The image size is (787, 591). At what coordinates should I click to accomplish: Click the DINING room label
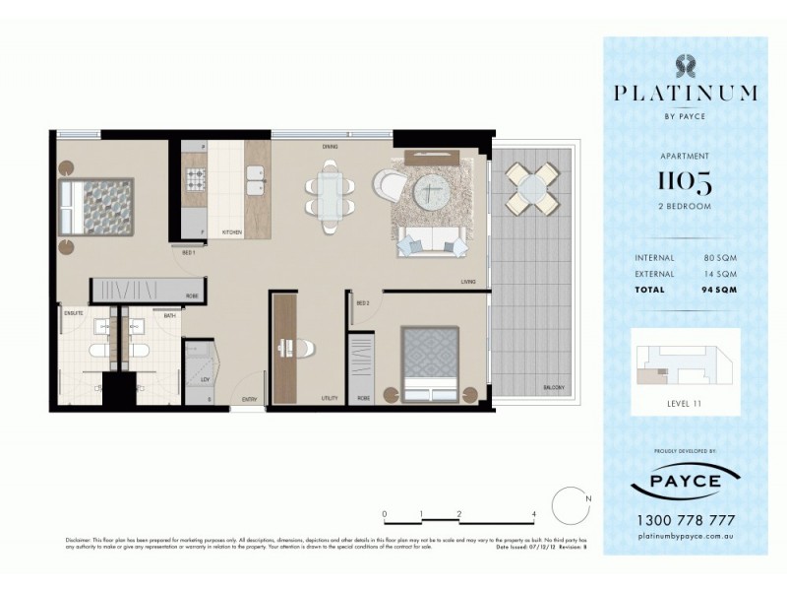coord(331,148)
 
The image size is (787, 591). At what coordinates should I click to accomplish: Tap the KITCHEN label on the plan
coord(231,232)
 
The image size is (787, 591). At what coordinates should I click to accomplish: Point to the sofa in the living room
coord(430,239)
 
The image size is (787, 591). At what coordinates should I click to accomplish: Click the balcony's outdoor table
coord(529,189)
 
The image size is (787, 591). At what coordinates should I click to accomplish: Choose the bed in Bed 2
coord(430,361)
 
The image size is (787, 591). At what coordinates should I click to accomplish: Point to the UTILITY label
coord(329,399)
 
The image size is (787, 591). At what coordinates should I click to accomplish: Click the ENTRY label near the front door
coord(251,399)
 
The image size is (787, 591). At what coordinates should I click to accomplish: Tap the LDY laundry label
coord(204,378)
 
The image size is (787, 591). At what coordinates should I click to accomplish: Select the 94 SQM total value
coord(719,290)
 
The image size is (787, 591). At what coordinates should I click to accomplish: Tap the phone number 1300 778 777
coord(685,520)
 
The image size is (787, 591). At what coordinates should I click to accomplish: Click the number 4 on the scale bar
coord(532,514)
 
